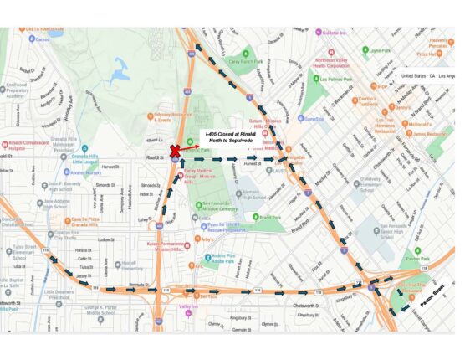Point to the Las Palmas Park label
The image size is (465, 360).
[339, 80]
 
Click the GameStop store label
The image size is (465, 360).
[314, 119]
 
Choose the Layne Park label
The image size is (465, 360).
[381, 50]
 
